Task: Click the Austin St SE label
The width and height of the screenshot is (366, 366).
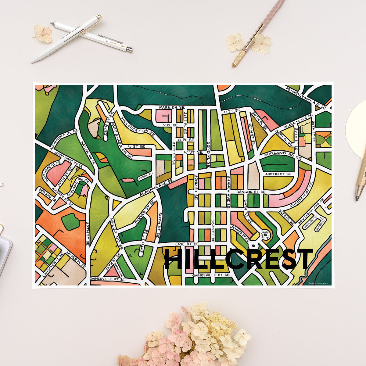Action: (x=278, y=174)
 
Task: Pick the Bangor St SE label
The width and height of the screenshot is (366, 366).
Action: (x=251, y=192)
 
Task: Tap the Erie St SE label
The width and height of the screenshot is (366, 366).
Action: (x=187, y=244)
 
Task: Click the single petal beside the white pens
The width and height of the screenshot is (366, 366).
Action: (x=43, y=34)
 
